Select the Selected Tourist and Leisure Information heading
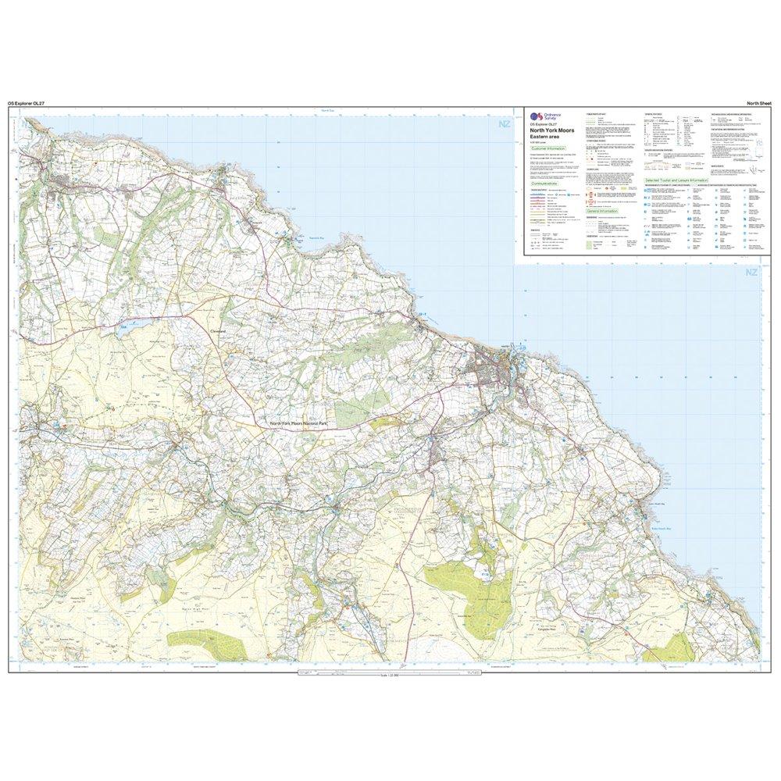[x=676, y=180]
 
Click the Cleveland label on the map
[x=219, y=330]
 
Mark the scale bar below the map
[x=387, y=675]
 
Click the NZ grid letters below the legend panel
[x=751, y=272]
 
